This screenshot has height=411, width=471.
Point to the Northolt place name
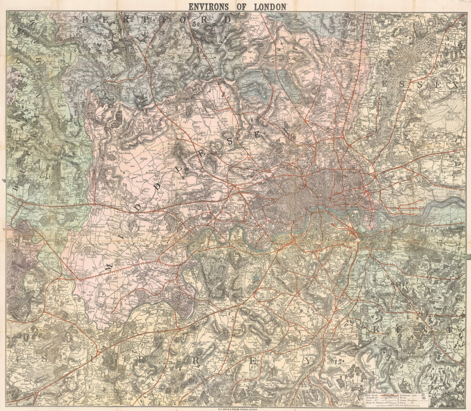(x=151, y=173)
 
